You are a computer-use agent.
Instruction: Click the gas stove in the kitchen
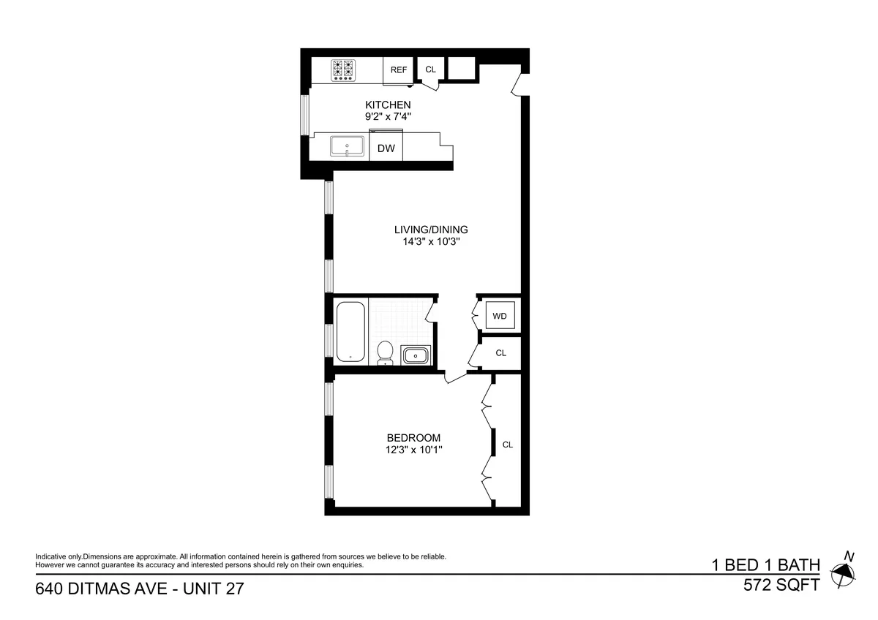pos(343,69)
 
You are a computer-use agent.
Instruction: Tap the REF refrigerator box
pos(399,70)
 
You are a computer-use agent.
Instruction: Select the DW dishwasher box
pos(386,148)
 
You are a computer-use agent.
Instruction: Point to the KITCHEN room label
pos(388,105)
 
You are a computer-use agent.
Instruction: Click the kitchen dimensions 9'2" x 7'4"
pos(388,116)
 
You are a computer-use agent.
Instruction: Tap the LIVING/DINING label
pos(431,229)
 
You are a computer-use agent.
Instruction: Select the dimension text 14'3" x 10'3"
pos(431,241)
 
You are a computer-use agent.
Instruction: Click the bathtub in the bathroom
pos(350,331)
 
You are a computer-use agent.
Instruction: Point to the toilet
pos(385,352)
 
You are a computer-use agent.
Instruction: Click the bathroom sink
pos(416,355)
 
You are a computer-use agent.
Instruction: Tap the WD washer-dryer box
pos(500,317)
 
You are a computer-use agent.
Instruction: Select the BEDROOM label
pos(413,438)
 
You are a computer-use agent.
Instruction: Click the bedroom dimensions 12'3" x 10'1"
pos(413,450)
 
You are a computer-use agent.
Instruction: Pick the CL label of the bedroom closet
pos(507,445)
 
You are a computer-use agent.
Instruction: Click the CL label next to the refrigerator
pos(430,70)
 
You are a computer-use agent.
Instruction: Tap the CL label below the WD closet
pos(500,353)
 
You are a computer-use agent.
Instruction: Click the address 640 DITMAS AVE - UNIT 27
pos(139,589)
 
